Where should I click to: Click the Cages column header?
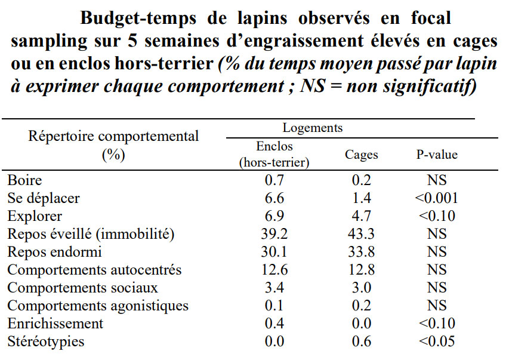[x=361, y=155]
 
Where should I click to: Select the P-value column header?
[x=437, y=155]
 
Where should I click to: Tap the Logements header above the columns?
[x=313, y=128]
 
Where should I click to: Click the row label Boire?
[x=24, y=180]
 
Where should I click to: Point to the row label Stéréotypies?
[x=46, y=341]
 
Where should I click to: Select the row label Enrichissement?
[x=55, y=324]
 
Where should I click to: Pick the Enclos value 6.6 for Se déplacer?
[x=274, y=198]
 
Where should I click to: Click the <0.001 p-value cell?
[x=437, y=198]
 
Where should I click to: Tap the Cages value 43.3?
[x=361, y=234]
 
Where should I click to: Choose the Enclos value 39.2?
[x=274, y=234]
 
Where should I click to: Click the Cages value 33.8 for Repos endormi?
[x=361, y=252]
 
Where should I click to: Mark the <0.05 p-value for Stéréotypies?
[x=437, y=341]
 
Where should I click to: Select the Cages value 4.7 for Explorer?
[x=361, y=216]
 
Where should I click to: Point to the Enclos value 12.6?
[x=274, y=270]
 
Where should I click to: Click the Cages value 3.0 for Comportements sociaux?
[x=361, y=288]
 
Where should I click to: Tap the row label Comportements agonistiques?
[x=98, y=306]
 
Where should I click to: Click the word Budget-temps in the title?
[x=138, y=19]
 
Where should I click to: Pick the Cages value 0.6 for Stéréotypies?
[x=361, y=341]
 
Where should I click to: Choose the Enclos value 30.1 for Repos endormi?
[x=274, y=252]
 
